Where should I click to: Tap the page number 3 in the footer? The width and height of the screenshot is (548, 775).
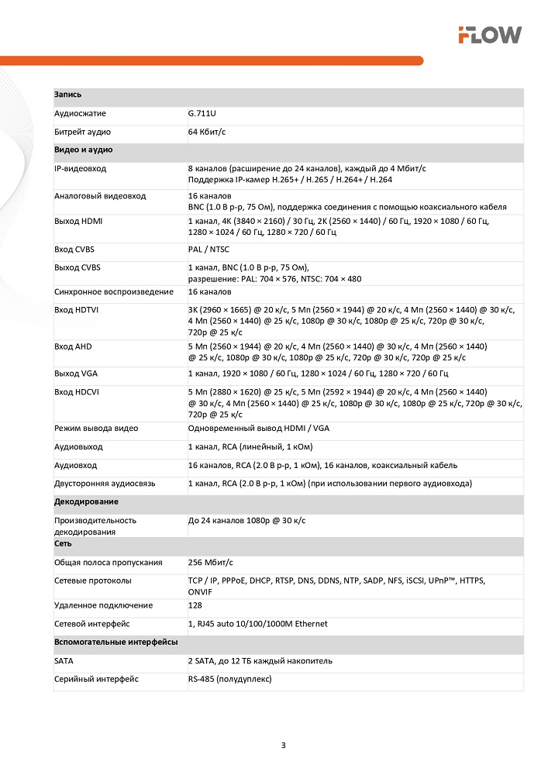point(283,746)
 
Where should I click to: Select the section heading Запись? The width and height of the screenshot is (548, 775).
point(68,95)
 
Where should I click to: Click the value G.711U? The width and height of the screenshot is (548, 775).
point(202,113)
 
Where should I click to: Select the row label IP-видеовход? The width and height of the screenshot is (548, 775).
point(80,168)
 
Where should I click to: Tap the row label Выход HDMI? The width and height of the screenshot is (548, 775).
point(78,221)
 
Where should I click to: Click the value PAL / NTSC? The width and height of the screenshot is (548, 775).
point(209,249)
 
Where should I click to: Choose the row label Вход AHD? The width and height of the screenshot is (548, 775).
point(73,346)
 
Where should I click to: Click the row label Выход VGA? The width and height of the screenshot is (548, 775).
point(75,374)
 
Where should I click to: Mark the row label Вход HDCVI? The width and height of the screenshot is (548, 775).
point(77,392)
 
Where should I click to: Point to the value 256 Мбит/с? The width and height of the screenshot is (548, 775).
point(210,562)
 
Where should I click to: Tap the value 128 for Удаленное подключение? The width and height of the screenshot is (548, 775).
point(195,605)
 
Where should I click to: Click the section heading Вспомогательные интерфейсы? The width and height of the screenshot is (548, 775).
point(115,642)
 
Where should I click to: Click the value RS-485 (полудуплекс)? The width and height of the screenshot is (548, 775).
point(229,679)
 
